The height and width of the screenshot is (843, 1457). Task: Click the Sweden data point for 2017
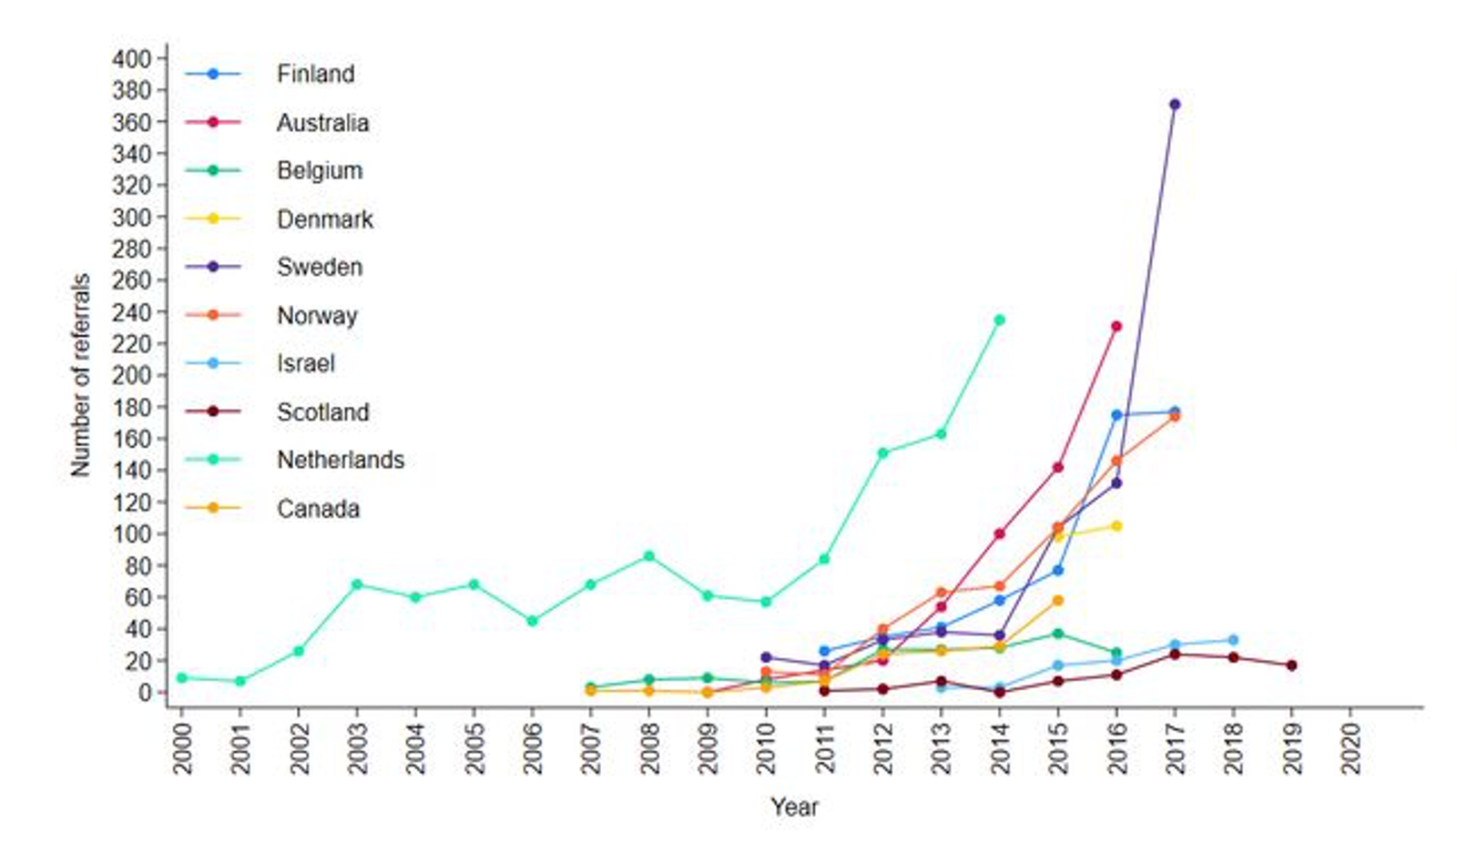[1175, 105]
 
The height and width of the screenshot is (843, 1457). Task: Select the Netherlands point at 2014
[999, 320]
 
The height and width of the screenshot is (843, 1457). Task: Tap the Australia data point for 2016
[1116, 326]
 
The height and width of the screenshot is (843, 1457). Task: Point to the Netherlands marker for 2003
[357, 584]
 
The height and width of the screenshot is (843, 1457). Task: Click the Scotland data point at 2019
[1291, 665]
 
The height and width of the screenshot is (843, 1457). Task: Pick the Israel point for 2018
[1233, 640]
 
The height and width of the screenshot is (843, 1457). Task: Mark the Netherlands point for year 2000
[181, 678]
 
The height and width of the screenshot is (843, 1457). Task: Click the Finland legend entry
[315, 74]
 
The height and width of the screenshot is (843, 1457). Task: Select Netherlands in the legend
[340, 460]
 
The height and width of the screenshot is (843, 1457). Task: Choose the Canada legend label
[318, 508]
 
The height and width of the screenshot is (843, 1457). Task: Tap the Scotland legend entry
[322, 411]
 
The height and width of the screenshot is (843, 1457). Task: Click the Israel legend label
[305, 363]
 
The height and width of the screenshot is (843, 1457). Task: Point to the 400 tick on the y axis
[131, 59]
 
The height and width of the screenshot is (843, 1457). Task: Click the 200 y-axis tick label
[131, 375]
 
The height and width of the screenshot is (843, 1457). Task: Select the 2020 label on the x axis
[1350, 747]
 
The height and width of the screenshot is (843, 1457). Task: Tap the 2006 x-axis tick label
[533, 747]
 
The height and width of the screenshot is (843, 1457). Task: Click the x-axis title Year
[794, 807]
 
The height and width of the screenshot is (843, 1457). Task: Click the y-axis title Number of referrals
[81, 375]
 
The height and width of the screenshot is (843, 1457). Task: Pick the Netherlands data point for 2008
[649, 556]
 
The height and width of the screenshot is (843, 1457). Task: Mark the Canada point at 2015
[1057, 601]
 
